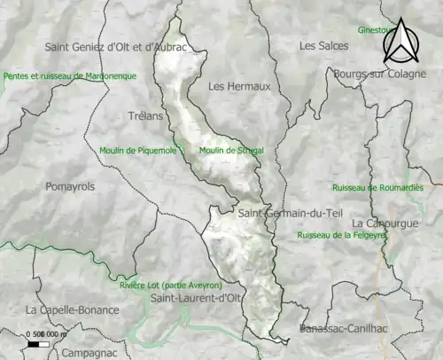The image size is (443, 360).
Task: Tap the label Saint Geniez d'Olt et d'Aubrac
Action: click(116, 46)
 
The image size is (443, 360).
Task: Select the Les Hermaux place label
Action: click(232, 87)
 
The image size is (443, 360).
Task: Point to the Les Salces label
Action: click(320, 45)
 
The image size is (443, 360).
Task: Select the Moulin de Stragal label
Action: click(231, 151)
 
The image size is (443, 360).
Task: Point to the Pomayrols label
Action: click(69, 187)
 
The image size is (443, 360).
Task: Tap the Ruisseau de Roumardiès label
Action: click(377, 188)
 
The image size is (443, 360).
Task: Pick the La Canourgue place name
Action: click(385, 223)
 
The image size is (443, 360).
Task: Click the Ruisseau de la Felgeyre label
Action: click(342, 236)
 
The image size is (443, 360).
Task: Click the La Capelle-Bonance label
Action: click(68, 310)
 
